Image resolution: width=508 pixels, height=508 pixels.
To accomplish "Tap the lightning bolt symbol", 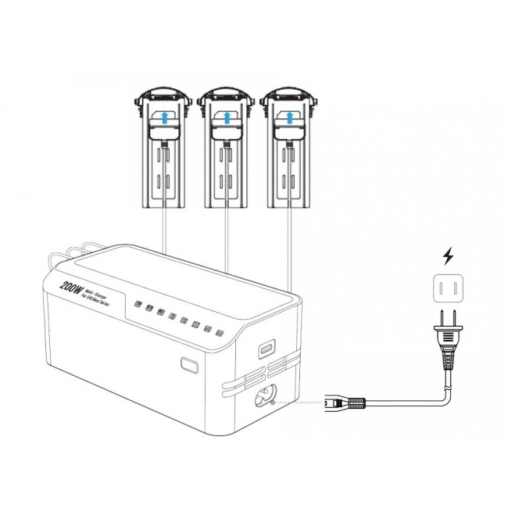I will pos(448,256).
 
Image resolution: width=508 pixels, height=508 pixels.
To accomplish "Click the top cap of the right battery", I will pos(291,95).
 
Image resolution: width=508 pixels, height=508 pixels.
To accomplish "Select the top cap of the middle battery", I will pos(226,95).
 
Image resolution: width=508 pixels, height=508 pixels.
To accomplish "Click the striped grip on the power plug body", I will pos(448,360).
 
